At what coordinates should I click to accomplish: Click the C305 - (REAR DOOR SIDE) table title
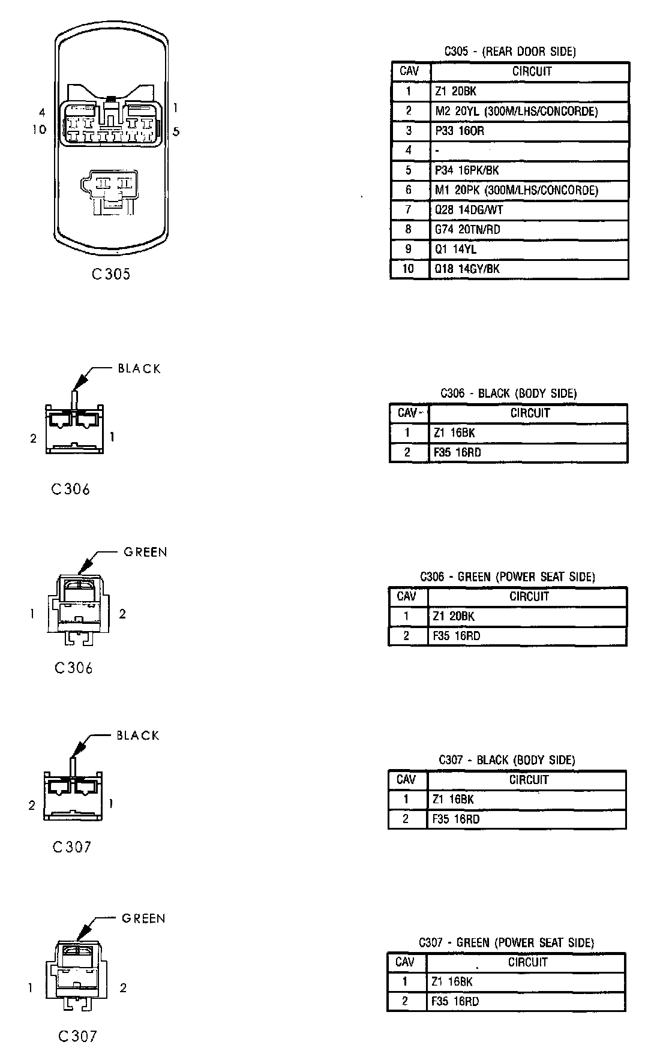[x=509, y=52]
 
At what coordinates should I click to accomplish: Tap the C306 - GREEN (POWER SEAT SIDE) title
[x=507, y=577]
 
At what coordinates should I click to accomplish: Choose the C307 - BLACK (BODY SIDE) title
[x=506, y=760]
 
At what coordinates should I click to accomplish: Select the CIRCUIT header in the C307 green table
[x=527, y=962]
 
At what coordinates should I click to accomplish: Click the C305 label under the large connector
[x=111, y=274]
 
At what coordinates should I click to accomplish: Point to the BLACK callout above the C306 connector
[x=139, y=368]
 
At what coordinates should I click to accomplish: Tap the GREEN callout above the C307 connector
[x=143, y=918]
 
